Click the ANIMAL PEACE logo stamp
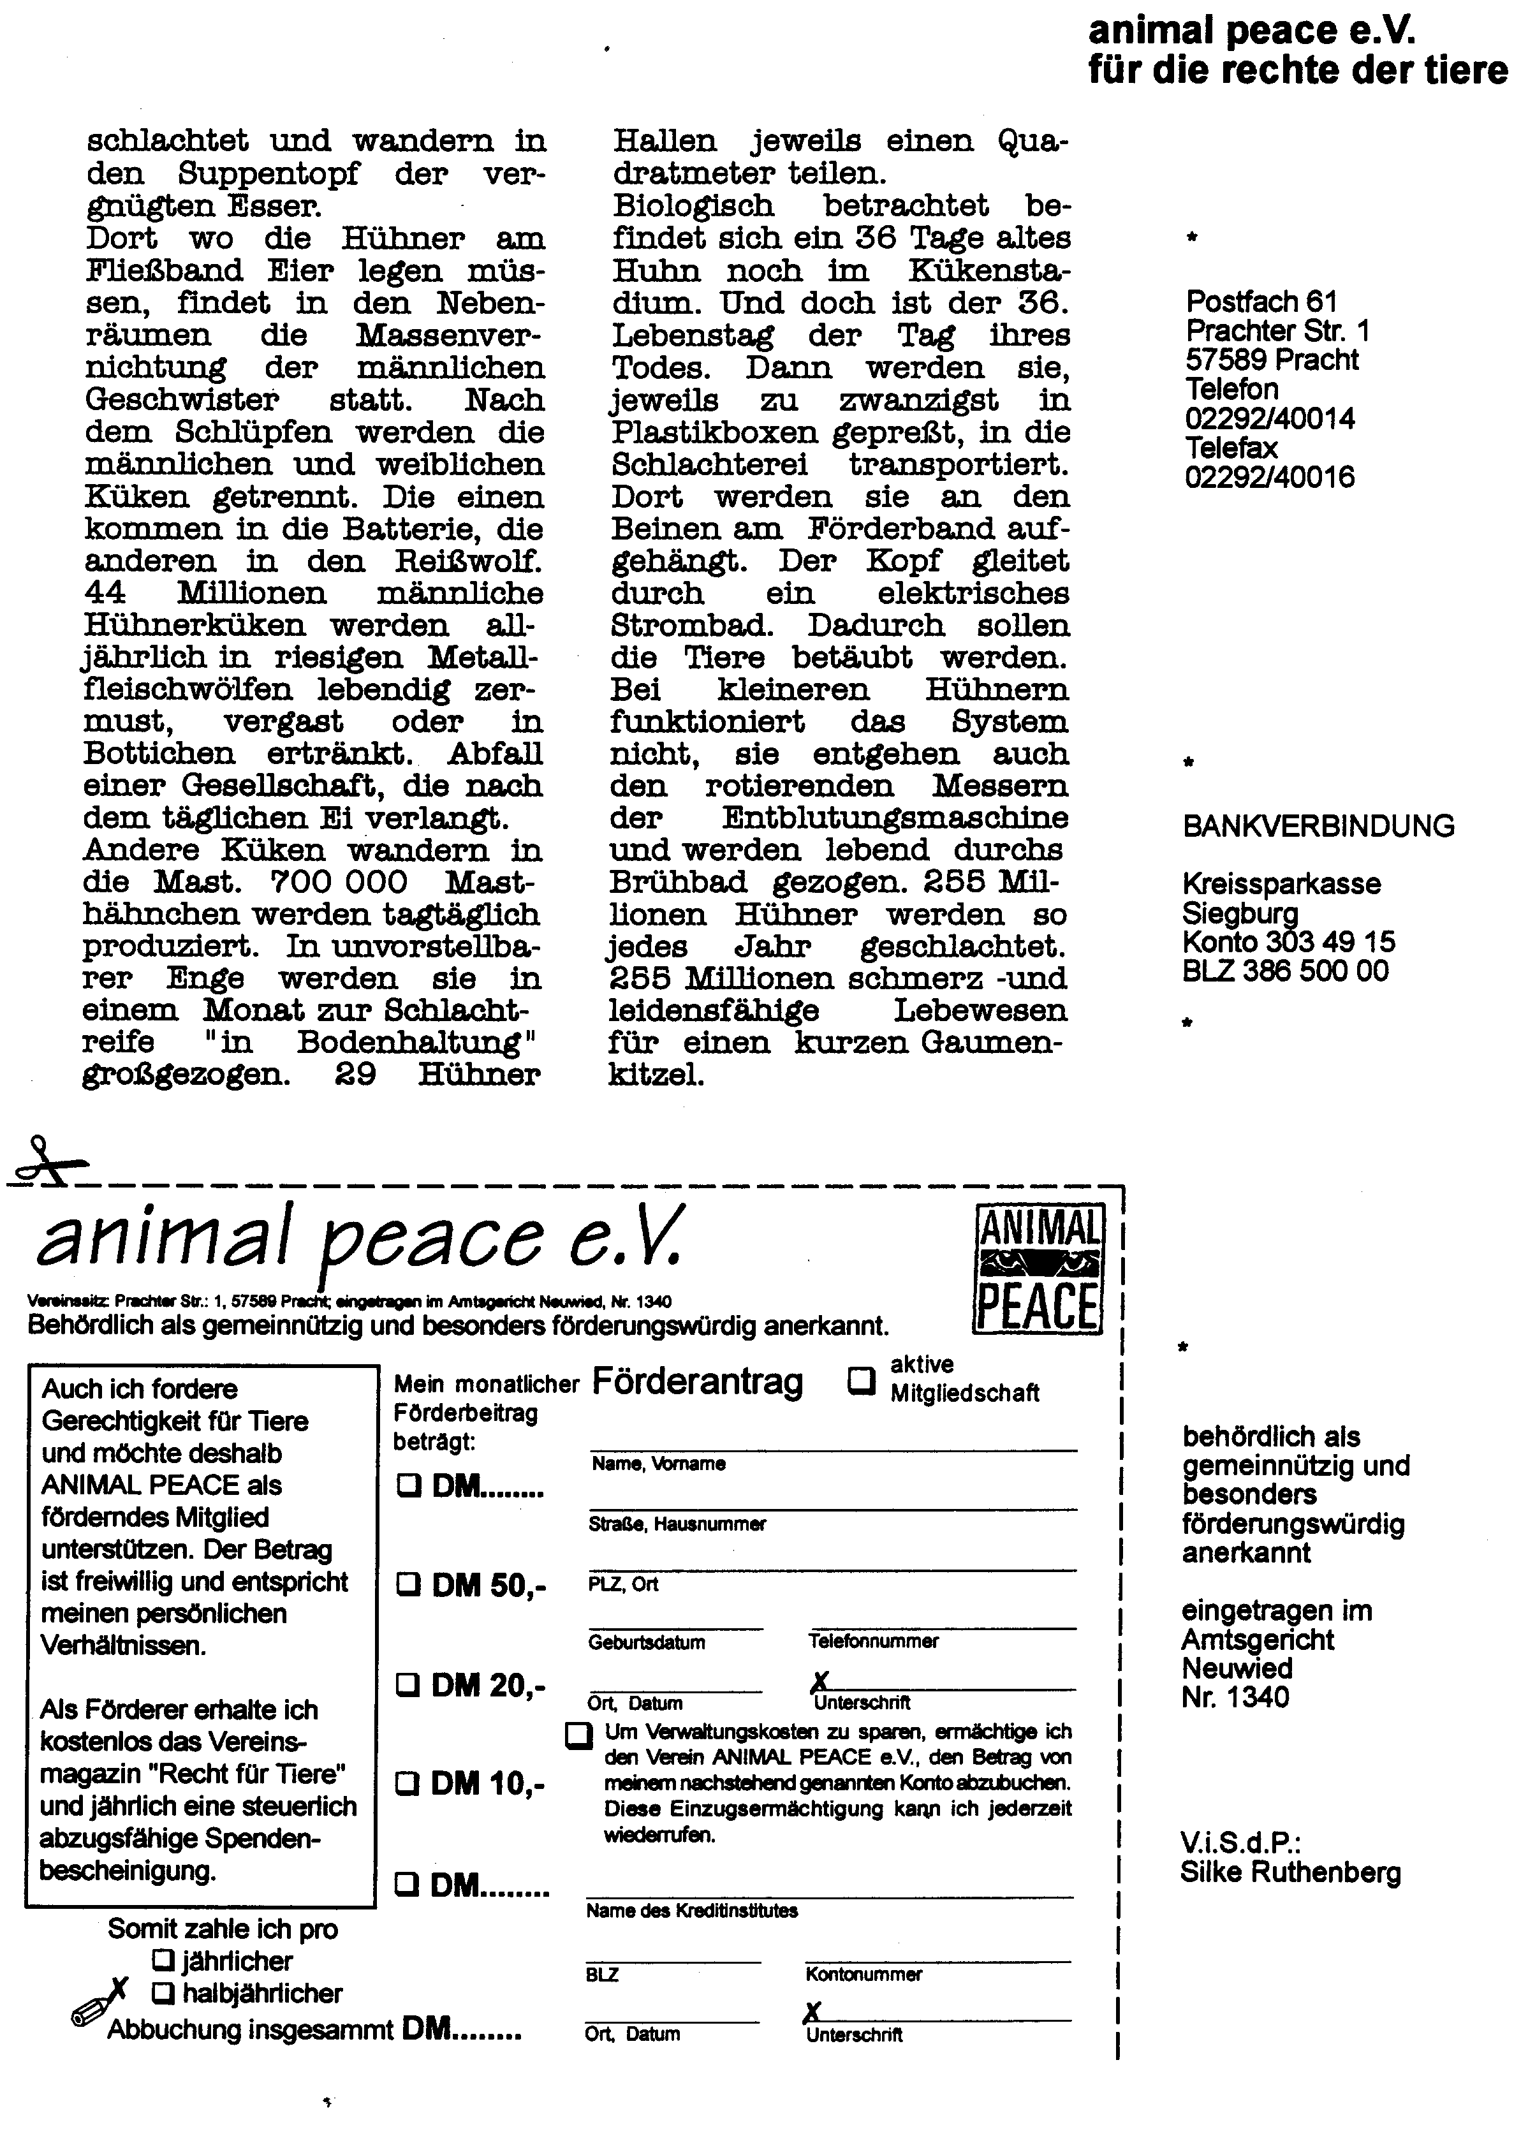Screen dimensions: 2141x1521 [1039, 1269]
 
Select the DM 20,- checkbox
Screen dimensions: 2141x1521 [408, 1685]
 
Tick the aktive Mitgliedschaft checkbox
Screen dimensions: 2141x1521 [860, 1380]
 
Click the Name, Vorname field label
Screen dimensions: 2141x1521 [658, 1463]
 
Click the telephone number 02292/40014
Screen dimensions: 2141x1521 [1269, 418]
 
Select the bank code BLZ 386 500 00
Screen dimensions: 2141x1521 [1285, 970]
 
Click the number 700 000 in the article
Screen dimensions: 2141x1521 [339, 881]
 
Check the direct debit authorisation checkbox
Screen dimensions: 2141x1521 [579, 1735]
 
